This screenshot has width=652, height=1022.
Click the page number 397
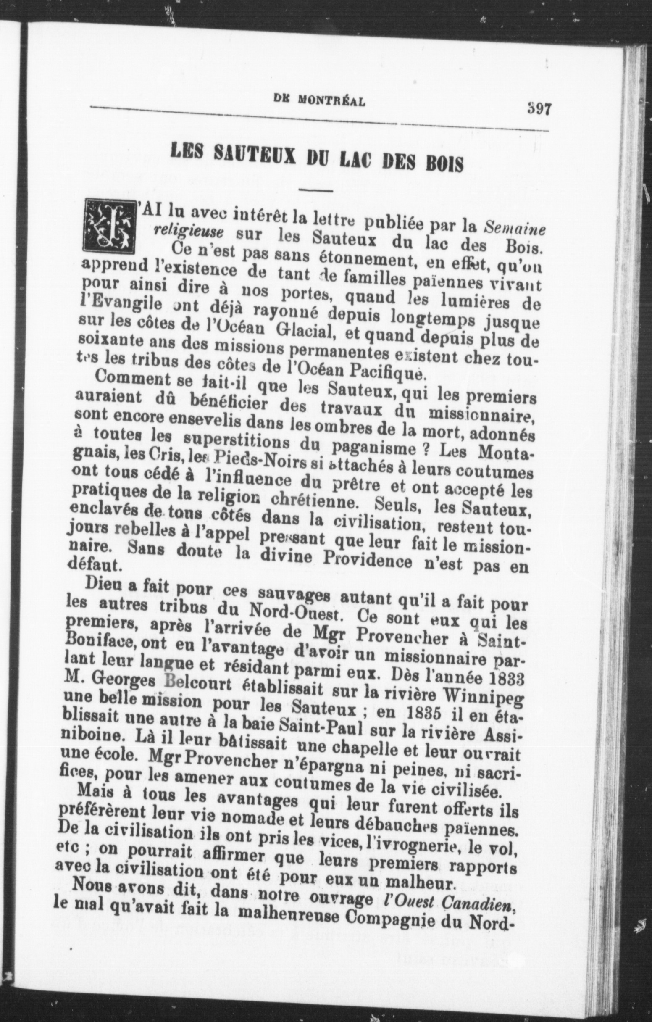point(538,109)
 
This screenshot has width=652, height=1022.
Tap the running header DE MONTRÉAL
point(319,101)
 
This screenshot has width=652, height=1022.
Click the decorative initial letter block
point(109,225)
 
